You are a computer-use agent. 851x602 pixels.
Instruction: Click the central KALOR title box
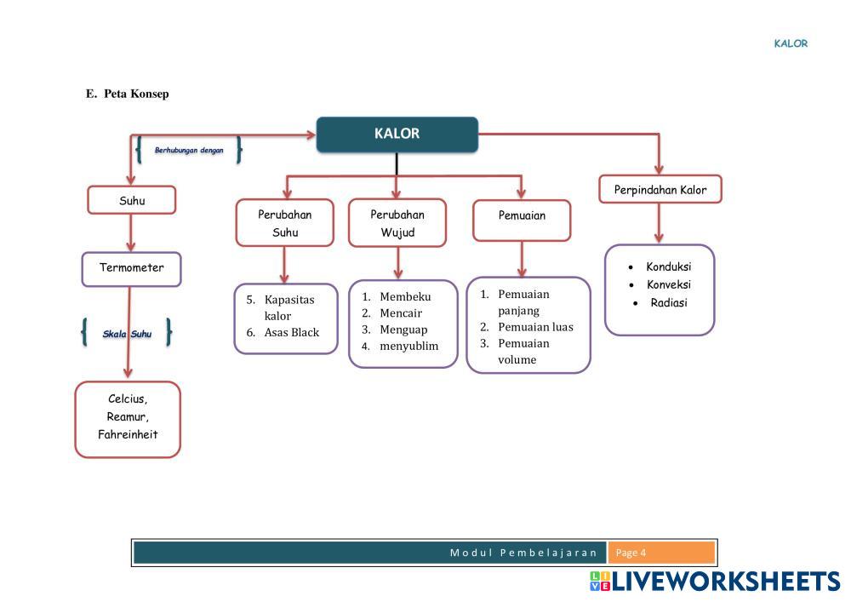point(397,135)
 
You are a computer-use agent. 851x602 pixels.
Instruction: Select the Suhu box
point(131,201)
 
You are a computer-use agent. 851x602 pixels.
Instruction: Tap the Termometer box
point(131,268)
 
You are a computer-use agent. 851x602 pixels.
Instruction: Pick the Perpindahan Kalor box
point(660,190)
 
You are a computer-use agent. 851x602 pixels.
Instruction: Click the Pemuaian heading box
point(522,216)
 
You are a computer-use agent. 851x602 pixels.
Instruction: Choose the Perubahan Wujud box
point(397,223)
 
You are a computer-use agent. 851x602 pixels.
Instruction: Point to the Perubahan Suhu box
point(284,223)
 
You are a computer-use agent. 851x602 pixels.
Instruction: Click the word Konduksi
point(668,267)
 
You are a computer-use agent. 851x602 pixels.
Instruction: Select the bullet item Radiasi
point(668,303)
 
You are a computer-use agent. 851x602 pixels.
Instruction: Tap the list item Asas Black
point(291,332)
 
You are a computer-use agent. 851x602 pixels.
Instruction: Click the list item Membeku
point(405,296)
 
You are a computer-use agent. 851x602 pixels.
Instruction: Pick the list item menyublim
point(408,347)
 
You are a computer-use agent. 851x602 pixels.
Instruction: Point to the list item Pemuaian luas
point(535,327)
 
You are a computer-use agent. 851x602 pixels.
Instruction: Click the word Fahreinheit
point(128,434)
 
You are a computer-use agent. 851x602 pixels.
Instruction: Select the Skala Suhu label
point(127,334)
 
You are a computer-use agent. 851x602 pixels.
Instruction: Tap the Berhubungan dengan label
point(189,150)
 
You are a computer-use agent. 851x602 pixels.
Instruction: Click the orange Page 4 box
point(661,553)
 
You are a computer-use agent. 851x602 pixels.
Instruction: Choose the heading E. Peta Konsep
point(128,94)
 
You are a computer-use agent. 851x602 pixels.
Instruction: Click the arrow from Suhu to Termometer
point(131,232)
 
